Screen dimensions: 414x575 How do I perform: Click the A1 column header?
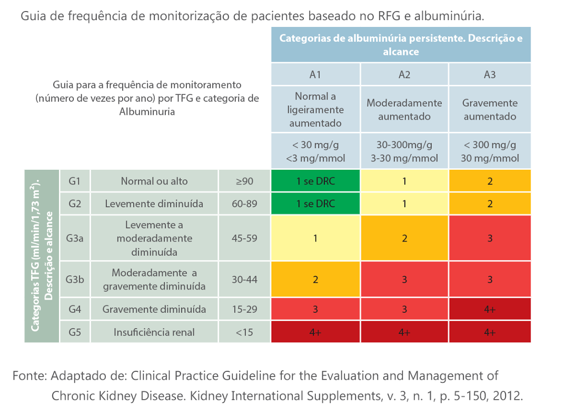pyautogui.click(x=315, y=74)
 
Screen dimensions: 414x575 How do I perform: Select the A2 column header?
pyautogui.click(x=404, y=74)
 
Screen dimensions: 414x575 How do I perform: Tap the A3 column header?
pyautogui.click(x=490, y=74)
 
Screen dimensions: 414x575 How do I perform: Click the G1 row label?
pyautogui.click(x=75, y=181)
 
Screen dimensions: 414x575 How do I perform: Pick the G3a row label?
pyautogui.click(x=75, y=238)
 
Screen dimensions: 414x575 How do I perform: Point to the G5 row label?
pyautogui.click(x=75, y=332)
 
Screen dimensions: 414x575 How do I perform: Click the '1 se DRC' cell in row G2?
pyautogui.click(x=315, y=204)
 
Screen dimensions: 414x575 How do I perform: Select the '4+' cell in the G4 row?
pyautogui.click(x=490, y=310)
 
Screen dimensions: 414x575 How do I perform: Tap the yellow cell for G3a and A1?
pyautogui.click(x=315, y=238)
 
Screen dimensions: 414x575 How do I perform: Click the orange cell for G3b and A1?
pyautogui.click(x=315, y=280)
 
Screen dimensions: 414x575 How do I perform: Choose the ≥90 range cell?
pyautogui.click(x=244, y=181)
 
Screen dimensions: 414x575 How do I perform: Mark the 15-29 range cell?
pyautogui.click(x=244, y=310)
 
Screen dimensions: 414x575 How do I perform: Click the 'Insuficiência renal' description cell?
pyautogui.click(x=154, y=332)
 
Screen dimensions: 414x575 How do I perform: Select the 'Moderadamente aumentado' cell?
pyautogui.click(x=404, y=110)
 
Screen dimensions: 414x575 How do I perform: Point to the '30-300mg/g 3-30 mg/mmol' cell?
pyautogui.click(x=404, y=151)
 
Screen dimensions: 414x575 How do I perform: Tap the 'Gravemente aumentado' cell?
pyautogui.click(x=490, y=110)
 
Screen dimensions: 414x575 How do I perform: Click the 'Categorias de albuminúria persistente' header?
pyautogui.click(x=401, y=45)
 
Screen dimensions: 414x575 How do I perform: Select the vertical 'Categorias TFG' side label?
pyautogui.click(x=42, y=256)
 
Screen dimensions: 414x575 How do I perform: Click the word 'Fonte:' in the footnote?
pyautogui.click(x=30, y=376)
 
